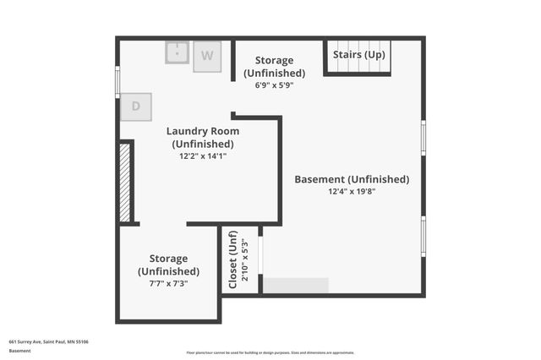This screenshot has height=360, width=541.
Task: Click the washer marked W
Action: (206, 57)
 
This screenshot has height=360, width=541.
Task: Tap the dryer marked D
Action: (136, 107)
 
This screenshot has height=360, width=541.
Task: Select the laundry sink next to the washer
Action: (177, 52)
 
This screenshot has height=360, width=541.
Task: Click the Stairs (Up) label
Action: (359, 55)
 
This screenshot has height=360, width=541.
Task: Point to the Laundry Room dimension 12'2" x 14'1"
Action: (203, 155)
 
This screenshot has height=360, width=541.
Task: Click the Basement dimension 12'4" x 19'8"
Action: (352, 192)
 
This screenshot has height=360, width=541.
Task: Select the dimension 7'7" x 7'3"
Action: (169, 284)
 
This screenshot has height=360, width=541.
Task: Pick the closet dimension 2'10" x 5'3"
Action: (246, 263)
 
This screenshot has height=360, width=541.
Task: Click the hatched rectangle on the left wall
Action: (124, 183)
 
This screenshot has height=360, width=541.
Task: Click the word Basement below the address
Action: (20, 350)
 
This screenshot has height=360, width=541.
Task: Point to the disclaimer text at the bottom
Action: (270, 352)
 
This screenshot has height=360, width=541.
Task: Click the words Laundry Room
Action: (203, 131)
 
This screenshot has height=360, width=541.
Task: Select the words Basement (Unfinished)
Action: (352, 179)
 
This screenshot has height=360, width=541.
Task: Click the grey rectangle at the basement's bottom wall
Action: (295, 286)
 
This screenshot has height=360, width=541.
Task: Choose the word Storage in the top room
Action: (275, 60)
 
